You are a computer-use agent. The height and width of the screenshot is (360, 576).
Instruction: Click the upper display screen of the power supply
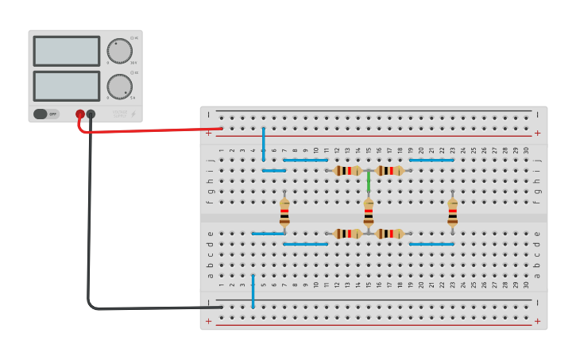67,51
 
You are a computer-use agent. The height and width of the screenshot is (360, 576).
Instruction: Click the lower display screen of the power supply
67,86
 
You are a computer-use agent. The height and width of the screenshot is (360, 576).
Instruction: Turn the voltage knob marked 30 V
120,51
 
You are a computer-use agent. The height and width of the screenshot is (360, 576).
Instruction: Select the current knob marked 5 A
120,86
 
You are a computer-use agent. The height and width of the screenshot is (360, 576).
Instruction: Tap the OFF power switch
46,114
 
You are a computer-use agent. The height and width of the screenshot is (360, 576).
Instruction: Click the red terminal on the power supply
80,114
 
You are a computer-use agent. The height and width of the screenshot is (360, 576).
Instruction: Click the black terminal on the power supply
91,114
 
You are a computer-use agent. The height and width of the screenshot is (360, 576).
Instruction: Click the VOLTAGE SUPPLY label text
119,114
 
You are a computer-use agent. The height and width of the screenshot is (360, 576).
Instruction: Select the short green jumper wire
369,181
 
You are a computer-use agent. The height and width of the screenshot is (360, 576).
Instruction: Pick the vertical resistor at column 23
452,212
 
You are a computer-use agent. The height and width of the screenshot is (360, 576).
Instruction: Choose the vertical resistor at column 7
284,212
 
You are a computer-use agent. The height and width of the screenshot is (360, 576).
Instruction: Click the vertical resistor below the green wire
369,212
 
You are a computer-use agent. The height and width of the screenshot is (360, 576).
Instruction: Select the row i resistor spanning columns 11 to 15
347,170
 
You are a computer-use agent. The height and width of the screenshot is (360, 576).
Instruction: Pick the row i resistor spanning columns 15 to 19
389,170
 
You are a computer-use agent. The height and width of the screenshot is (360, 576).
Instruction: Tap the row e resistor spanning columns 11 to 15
347,234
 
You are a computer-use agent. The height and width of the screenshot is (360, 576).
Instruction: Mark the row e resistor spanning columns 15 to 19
389,234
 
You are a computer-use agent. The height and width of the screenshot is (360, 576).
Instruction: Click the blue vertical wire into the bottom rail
253,291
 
